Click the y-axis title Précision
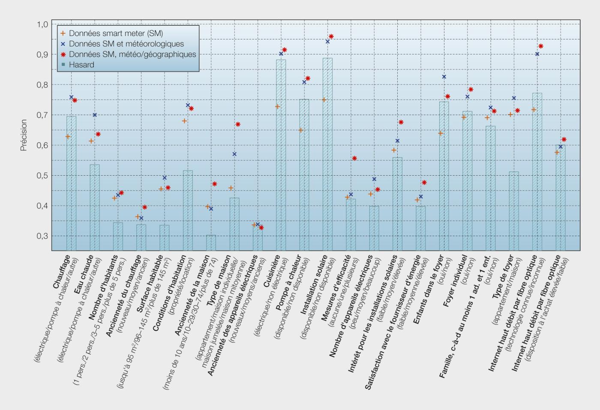tap(24, 135)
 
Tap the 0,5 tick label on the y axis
tap(42, 176)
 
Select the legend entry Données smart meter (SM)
tap(116, 33)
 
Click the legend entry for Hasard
tap(81, 65)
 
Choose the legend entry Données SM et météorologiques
tap(126, 44)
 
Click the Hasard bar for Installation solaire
tap(327, 154)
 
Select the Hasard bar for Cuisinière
tap(281, 155)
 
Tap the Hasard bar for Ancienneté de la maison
tap(211, 242)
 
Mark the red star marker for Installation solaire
tap(331, 36)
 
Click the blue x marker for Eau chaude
tap(95, 115)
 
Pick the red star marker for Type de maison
tap(238, 124)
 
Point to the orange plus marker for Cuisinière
tap(277, 106)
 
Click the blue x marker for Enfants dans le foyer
tap(444, 77)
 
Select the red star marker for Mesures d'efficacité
tap(354, 159)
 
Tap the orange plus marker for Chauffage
tap(68, 136)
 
